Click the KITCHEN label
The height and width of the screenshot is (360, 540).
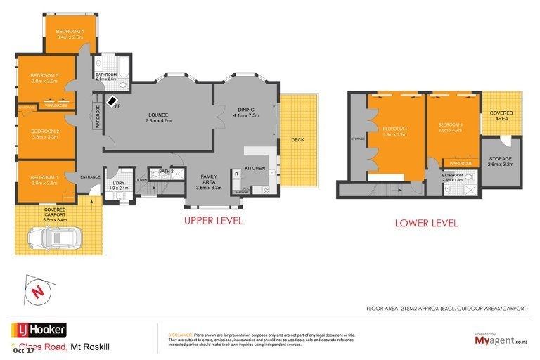[x=255, y=168]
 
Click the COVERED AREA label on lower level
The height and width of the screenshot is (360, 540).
[x=501, y=115]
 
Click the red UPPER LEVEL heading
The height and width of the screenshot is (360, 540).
[x=213, y=221]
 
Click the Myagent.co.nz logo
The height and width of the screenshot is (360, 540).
[x=501, y=340]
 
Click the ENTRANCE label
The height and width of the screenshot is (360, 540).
[x=90, y=176]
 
